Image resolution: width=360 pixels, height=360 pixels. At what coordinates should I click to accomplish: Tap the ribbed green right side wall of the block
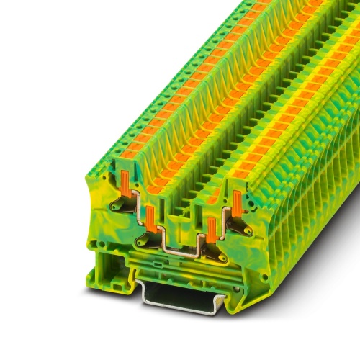click(x=310, y=202)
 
